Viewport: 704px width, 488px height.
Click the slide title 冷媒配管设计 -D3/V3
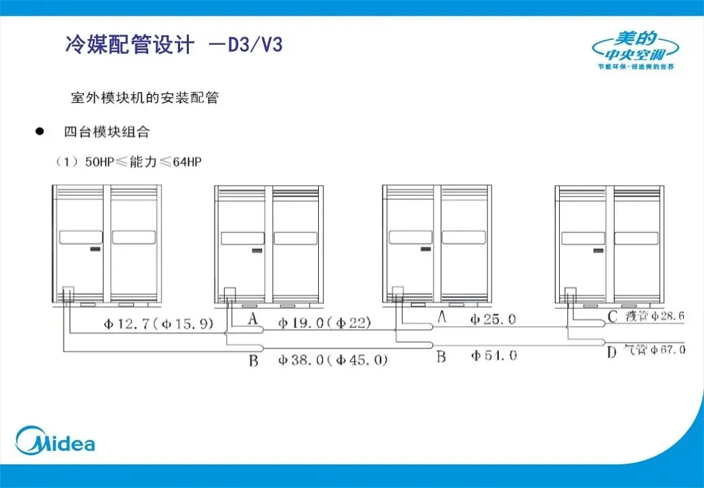pyautogui.click(x=173, y=45)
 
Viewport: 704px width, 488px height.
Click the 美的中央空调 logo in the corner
pyautogui.click(x=635, y=51)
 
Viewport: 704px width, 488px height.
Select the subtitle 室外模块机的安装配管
pyautogui.click(x=145, y=98)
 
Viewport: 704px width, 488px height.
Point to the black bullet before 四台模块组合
pyautogui.click(x=40, y=131)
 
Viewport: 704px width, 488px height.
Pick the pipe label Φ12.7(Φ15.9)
pyautogui.click(x=158, y=324)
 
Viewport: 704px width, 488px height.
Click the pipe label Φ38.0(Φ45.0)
pyautogui.click(x=332, y=360)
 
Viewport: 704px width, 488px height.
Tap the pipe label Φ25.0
pyautogui.click(x=494, y=319)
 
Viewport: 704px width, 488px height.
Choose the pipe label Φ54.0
pyautogui.click(x=494, y=354)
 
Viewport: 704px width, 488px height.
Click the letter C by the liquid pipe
pyautogui.click(x=613, y=316)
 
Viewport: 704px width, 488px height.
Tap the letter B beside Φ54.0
pyautogui.click(x=441, y=355)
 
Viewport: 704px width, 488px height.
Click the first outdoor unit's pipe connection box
pyautogui.click(x=67, y=294)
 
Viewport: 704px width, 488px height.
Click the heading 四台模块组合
pyautogui.click(x=106, y=131)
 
